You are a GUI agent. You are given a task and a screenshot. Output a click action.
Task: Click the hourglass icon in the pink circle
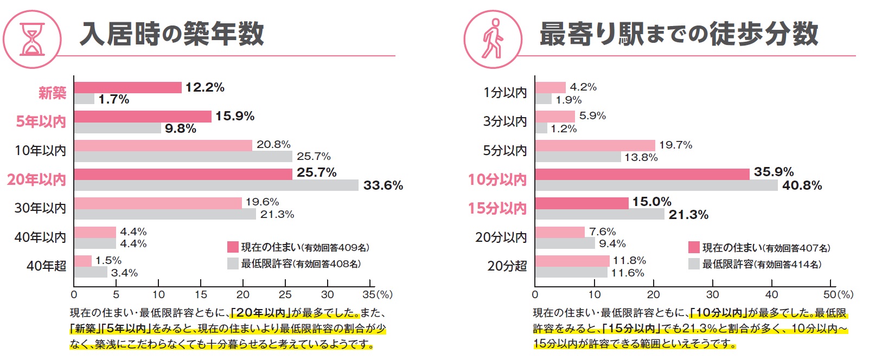tap(32, 39)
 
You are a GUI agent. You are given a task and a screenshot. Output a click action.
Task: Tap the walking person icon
tap(493, 39)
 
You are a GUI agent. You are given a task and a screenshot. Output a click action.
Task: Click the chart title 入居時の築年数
tap(172, 34)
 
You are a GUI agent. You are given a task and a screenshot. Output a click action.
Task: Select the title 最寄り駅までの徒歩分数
tap(679, 34)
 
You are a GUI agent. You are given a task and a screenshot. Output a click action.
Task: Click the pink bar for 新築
tap(127, 87)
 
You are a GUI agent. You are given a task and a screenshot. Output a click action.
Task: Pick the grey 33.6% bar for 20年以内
tap(216, 185)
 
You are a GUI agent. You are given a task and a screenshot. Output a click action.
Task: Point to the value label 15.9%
tap(235, 116)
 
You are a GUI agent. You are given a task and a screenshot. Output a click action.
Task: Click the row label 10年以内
tap(41, 150)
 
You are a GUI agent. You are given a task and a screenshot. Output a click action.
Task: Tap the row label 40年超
tap(47, 266)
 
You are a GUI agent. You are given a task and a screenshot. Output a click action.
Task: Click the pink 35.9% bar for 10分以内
tap(642, 174)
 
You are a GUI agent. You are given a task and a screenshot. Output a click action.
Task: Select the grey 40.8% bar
tap(656, 185)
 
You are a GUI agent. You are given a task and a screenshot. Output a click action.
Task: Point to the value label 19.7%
tap(675, 145)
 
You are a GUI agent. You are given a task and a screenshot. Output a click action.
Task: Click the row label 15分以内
tap(497, 208)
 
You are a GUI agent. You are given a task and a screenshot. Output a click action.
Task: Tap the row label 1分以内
tap(505, 93)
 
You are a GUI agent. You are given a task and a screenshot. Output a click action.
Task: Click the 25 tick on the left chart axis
tap(285, 294)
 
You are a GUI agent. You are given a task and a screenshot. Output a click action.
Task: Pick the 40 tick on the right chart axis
tap(771, 294)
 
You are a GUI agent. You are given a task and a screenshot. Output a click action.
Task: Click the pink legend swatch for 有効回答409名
tap(233, 247)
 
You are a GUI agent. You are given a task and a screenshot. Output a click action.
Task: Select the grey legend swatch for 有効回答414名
tap(694, 264)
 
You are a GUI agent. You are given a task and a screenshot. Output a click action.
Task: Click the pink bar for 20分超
tap(572, 261)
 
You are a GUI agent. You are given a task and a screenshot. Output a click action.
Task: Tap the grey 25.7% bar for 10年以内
tap(183, 157)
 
